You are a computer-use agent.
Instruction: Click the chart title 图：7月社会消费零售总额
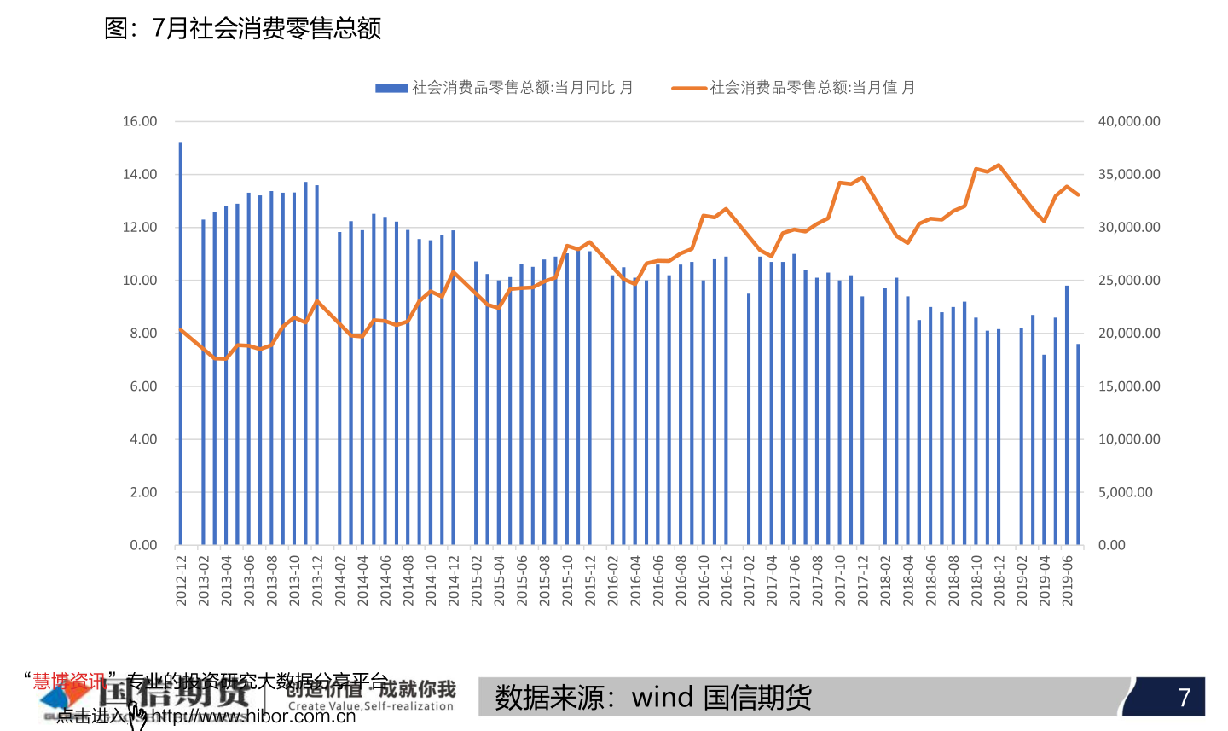(242, 28)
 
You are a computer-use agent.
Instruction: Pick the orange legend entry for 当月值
(793, 87)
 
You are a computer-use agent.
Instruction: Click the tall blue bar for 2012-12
(181, 341)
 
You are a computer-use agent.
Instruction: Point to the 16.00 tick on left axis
(140, 121)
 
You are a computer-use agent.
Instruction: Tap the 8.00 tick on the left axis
(143, 334)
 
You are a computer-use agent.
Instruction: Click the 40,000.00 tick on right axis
(1129, 121)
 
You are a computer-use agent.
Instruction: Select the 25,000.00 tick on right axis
(1129, 281)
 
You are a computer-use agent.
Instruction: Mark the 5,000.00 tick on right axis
(1126, 492)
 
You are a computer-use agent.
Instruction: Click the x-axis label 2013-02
(204, 581)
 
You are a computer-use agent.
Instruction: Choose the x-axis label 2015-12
(590, 581)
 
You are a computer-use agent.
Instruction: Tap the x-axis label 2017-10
(840, 581)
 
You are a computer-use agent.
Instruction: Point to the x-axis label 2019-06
(1067, 581)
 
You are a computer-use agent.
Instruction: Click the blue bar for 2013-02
(203, 384)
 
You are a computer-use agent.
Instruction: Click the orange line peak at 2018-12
(999, 165)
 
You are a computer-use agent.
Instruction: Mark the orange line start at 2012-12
(181, 329)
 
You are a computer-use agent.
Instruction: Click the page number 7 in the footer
(1184, 698)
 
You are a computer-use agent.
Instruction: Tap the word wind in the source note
(663, 698)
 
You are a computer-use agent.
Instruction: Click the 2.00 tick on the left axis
(143, 492)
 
